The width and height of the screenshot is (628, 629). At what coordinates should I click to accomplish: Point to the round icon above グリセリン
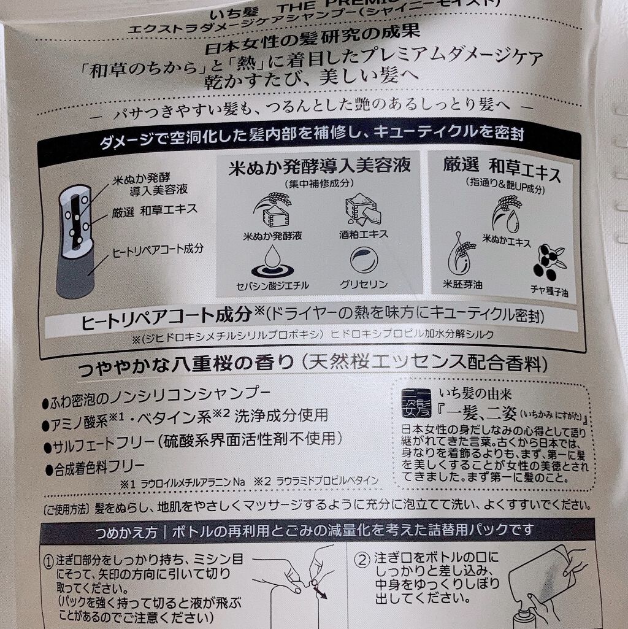tap(363, 260)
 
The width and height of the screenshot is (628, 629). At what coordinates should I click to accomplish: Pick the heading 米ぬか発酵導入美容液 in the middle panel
tap(319, 168)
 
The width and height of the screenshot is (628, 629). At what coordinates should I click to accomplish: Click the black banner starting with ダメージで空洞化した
tap(313, 133)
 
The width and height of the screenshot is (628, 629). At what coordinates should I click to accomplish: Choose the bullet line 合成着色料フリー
tap(98, 469)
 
